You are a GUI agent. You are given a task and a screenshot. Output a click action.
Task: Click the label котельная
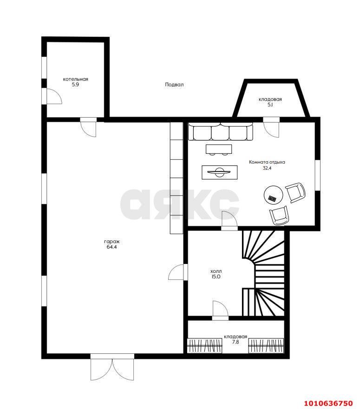(75, 79)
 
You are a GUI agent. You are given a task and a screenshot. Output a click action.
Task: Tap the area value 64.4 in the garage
(111, 247)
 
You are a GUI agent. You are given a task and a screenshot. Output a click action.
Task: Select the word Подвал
(174, 85)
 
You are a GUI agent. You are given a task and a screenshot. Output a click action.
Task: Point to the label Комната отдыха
(267, 162)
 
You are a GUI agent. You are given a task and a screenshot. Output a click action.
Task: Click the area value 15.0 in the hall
(216, 277)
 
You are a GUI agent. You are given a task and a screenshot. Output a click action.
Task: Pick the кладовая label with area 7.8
(236, 336)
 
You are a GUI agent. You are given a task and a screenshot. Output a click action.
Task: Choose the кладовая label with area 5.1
(270, 99)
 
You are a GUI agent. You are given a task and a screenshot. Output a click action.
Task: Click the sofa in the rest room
(221, 132)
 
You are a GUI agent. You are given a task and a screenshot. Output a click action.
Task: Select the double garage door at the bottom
(112, 367)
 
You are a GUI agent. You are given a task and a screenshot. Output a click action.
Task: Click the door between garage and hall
(178, 272)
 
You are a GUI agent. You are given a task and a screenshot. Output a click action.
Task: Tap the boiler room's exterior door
(52, 96)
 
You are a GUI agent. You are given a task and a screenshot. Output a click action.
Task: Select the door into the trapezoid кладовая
(271, 127)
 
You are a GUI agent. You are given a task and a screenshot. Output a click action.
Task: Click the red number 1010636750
(328, 403)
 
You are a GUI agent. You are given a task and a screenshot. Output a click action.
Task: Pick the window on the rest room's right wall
(318, 175)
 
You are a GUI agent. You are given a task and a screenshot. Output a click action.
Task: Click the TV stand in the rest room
(220, 172)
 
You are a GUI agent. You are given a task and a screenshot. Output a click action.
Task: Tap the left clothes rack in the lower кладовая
(205, 346)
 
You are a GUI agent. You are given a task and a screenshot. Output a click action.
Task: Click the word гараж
(111, 242)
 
